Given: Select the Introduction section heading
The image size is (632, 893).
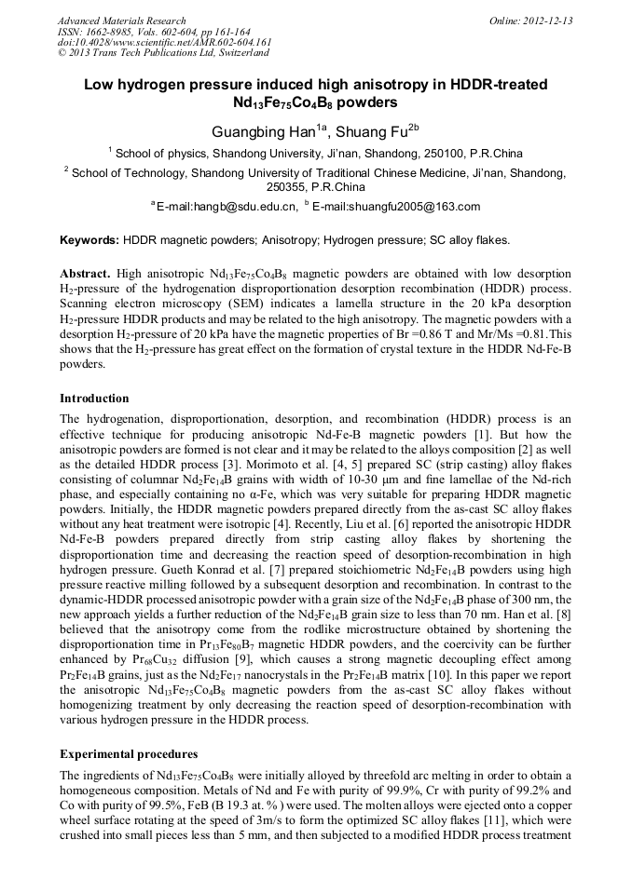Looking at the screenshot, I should coord(94,399).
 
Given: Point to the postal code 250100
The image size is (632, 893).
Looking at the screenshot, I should coord(440,154).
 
